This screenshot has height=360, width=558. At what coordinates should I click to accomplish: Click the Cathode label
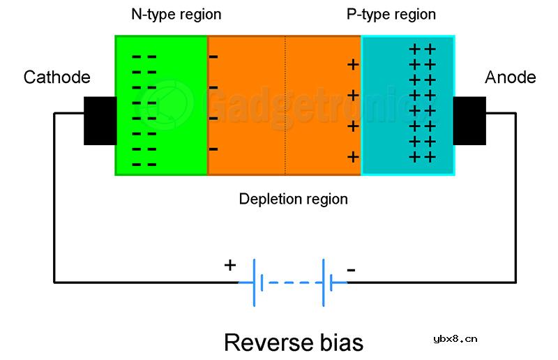pyautogui.click(x=57, y=77)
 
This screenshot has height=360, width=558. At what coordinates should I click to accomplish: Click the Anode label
pyautogui.click(x=511, y=77)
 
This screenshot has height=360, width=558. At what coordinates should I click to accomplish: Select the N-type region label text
pyautogui.click(x=176, y=15)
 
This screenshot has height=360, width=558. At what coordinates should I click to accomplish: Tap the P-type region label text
pyautogui.click(x=391, y=15)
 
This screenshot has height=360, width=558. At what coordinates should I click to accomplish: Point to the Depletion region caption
pyautogui.click(x=293, y=200)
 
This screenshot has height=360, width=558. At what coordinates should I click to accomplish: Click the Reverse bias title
pyautogui.click(x=294, y=342)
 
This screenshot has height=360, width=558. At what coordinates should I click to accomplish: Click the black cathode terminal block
pyautogui.click(x=100, y=121)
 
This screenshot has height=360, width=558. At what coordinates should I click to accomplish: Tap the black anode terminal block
pyautogui.click(x=469, y=121)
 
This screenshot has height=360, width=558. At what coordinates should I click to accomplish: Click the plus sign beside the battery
pyautogui.click(x=229, y=266)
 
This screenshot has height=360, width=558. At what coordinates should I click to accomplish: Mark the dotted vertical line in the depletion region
pyautogui.click(x=285, y=105)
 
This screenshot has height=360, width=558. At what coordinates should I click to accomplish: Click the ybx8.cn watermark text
pyautogui.click(x=455, y=339)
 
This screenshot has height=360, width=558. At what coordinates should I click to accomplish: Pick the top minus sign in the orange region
pyautogui.click(x=213, y=57)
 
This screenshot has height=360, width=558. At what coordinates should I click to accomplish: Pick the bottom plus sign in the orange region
pyautogui.click(x=353, y=157)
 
